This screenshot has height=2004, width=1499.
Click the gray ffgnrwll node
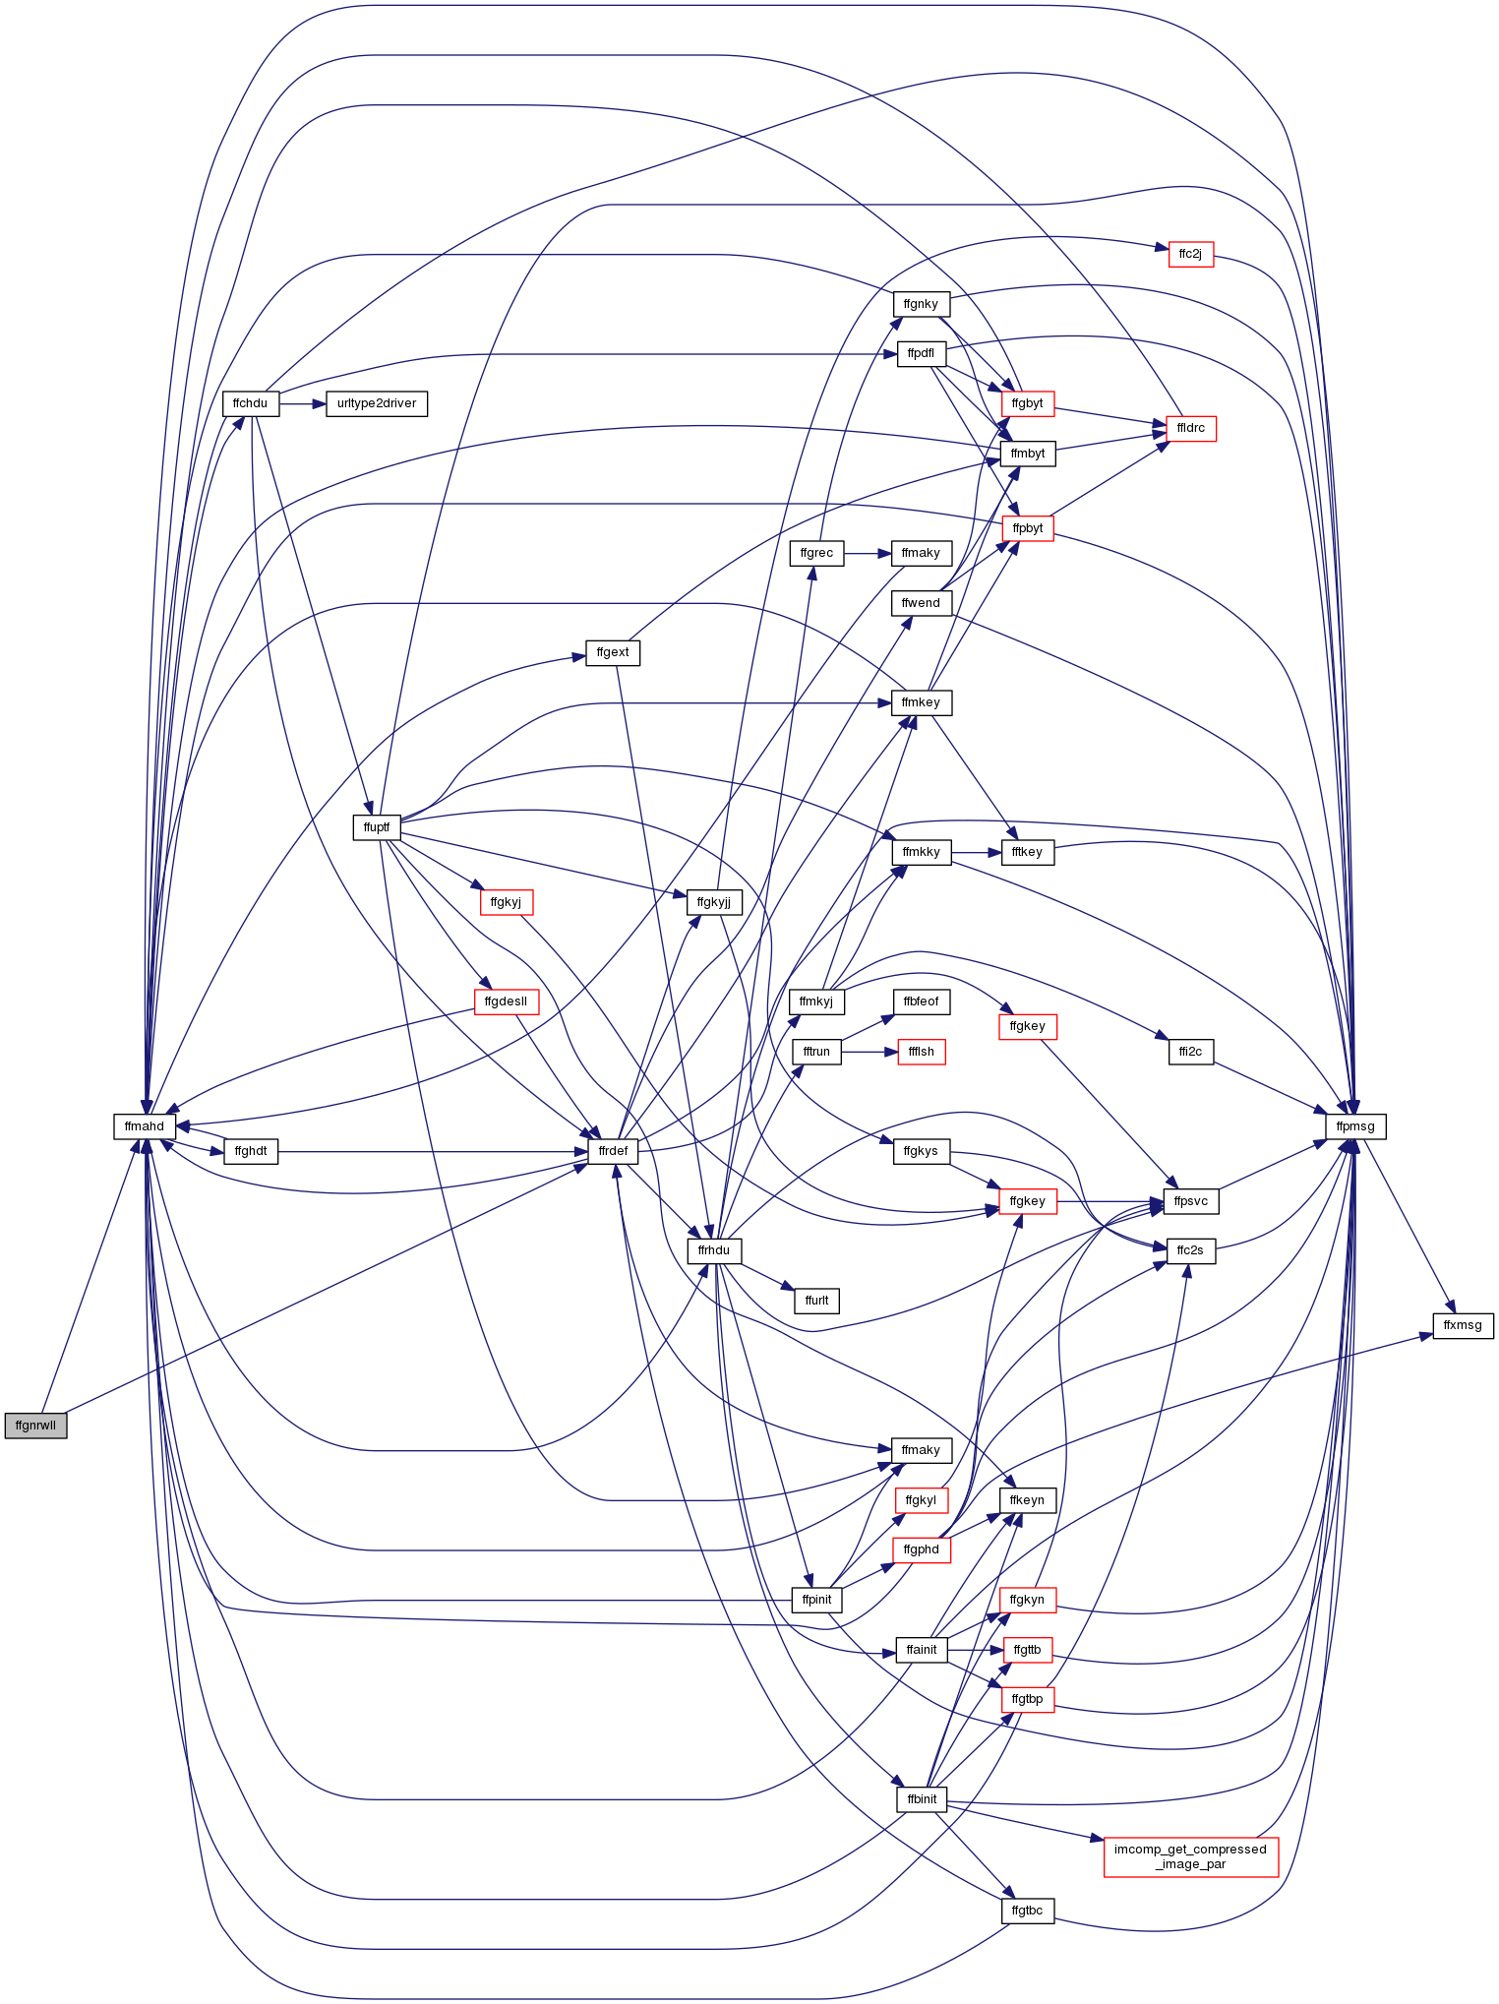coord(35,1425)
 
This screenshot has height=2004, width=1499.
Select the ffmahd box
coord(145,1126)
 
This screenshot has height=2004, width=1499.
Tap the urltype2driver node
coord(377,403)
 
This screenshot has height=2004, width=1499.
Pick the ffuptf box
coord(377,827)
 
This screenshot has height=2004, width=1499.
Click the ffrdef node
coord(613,1151)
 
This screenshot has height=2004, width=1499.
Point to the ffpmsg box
coord(1356,1126)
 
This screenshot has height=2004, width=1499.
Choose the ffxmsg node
coord(1463,1325)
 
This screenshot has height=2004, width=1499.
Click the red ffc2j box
coord(1190,254)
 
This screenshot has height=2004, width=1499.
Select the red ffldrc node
coord(1190,428)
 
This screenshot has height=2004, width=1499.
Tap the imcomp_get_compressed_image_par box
coord(1190,1856)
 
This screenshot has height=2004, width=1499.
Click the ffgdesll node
coord(507,1002)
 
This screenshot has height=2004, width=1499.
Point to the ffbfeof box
coord(922,1002)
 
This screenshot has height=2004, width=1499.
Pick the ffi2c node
coord(1190,1052)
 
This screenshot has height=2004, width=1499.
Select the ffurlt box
coord(816,1301)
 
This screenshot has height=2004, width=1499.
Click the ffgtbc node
coord(1027,1911)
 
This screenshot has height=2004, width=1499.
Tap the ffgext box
coord(613,652)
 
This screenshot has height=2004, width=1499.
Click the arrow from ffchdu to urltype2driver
coord(302,403)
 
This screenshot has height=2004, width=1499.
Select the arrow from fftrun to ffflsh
coord(869,1052)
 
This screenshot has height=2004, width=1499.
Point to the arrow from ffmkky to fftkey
coord(976,852)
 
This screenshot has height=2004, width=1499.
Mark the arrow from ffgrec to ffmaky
coord(868,553)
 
